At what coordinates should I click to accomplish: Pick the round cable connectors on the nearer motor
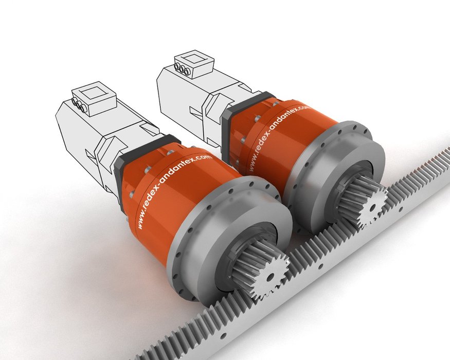point(79,105)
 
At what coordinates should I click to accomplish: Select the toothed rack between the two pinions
point(319,237)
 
